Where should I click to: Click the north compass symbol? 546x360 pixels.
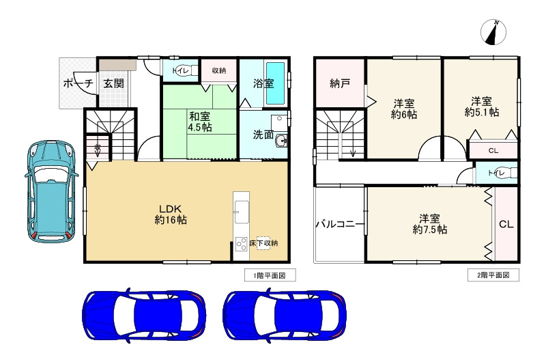[493, 30]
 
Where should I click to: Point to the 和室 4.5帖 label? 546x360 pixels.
[199, 120]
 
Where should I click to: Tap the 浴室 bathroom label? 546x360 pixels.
[263, 84]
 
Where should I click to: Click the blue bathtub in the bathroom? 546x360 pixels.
[276, 83]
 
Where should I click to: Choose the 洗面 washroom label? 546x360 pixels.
[263, 135]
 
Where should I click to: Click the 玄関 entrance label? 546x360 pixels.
[113, 83]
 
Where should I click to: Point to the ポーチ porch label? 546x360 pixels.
[78, 83]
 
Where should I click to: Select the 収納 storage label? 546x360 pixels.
[218, 70]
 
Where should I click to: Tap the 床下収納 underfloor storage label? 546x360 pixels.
[263, 243]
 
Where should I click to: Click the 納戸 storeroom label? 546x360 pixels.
[340, 83]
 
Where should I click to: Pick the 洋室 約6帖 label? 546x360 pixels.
[405, 109]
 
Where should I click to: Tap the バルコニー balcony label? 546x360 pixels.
[339, 224]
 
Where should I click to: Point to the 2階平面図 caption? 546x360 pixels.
[492, 275]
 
